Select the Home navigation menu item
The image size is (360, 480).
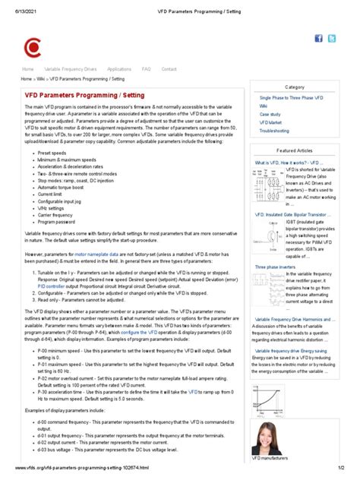(x=27, y=69)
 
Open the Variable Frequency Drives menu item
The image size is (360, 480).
(x=70, y=69)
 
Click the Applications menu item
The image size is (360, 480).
(x=118, y=69)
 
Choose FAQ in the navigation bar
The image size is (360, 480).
(x=146, y=69)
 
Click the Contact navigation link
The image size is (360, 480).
(x=169, y=69)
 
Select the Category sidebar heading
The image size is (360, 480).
(x=295, y=87)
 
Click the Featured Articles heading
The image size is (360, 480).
(x=295, y=151)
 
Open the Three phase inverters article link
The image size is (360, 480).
(x=276, y=267)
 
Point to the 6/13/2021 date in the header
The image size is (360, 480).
(x=24, y=12)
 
